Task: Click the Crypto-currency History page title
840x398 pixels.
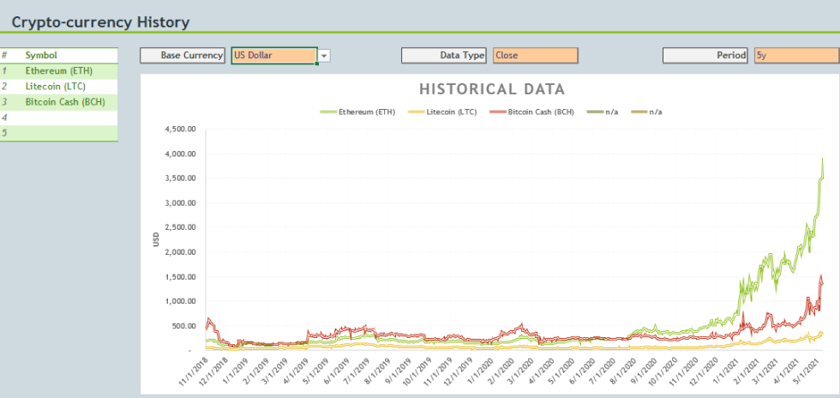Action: click(x=101, y=22)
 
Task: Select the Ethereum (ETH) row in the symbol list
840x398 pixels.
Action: click(x=59, y=71)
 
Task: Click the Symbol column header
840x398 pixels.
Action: click(x=41, y=55)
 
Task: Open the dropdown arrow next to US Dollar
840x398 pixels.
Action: click(x=324, y=56)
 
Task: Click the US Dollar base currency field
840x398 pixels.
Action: click(x=274, y=55)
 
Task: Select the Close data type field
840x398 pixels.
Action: click(x=536, y=55)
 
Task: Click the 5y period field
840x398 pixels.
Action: click(x=796, y=55)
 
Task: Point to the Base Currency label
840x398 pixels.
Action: click(x=192, y=55)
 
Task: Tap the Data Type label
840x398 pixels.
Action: click(x=462, y=55)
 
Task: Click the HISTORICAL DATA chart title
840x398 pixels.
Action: click(x=492, y=89)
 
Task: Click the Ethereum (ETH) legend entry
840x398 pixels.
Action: click(x=358, y=112)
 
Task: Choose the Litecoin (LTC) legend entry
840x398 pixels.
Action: click(x=442, y=112)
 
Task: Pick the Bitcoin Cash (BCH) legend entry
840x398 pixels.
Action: click(x=531, y=112)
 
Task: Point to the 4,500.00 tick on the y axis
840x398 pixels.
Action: click(x=182, y=130)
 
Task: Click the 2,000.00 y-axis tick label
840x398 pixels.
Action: click(x=182, y=252)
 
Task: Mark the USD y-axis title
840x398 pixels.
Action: click(x=156, y=239)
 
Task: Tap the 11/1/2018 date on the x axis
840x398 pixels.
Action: click(x=194, y=369)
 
